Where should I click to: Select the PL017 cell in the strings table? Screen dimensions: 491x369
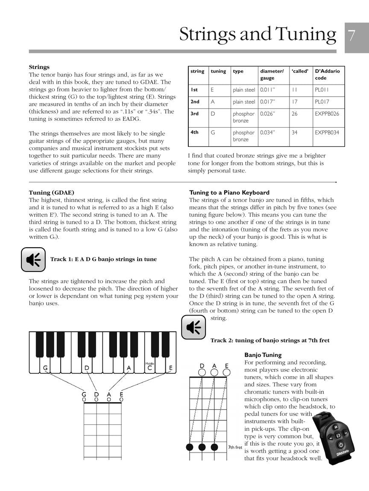[321, 102]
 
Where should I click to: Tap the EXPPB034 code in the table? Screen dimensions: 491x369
[327, 133]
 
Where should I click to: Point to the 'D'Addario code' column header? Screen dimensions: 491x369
[327, 75]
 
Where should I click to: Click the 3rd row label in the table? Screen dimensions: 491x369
[194, 114]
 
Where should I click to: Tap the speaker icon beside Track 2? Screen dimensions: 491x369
[193, 327]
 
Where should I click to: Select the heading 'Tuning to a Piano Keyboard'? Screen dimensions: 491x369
[229, 193]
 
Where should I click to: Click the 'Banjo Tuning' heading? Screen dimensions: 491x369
[263, 355]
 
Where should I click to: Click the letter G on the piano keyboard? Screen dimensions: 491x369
[45, 368]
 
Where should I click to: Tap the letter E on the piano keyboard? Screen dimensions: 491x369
[170, 368]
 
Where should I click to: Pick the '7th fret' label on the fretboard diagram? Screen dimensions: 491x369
[235, 447]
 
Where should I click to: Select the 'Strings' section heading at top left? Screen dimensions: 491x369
[39, 67]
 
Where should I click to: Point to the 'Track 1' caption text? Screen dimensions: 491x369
[103, 259]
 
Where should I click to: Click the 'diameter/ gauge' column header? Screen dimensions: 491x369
[272, 75]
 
